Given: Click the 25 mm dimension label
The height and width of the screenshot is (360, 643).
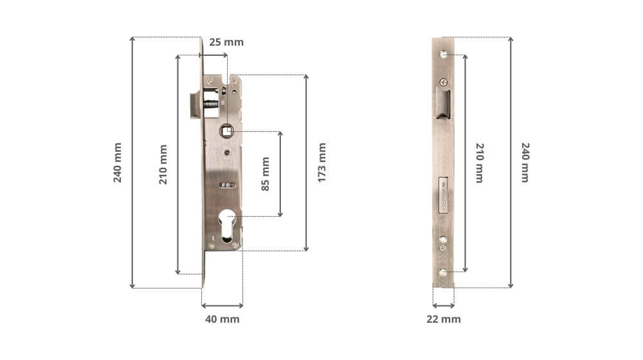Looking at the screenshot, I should [227, 42].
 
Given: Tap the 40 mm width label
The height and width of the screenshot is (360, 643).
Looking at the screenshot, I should [222, 319].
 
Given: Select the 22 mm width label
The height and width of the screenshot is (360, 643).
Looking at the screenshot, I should [444, 319].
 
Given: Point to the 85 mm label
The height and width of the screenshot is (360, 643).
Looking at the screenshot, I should [265, 174].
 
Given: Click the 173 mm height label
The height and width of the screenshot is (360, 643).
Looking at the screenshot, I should [322, 163].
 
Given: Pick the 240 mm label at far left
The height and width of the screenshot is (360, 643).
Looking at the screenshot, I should [117, 163].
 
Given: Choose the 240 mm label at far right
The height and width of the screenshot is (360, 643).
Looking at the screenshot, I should [525, 163].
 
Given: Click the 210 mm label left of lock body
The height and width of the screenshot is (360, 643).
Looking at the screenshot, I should [163, 165].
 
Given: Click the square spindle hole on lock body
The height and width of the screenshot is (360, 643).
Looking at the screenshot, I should [227, 131].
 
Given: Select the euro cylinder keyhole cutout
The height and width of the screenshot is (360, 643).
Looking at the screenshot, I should [228, 225].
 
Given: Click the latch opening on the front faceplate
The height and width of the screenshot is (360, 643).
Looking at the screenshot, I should [444, 104].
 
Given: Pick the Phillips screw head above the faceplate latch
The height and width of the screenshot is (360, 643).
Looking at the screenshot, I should [444, 82].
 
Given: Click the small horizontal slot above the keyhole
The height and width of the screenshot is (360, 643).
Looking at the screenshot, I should [227, 185].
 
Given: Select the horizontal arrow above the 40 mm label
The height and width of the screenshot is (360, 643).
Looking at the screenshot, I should [222, 305].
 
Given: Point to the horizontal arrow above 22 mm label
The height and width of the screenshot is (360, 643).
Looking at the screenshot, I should [444, 305].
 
